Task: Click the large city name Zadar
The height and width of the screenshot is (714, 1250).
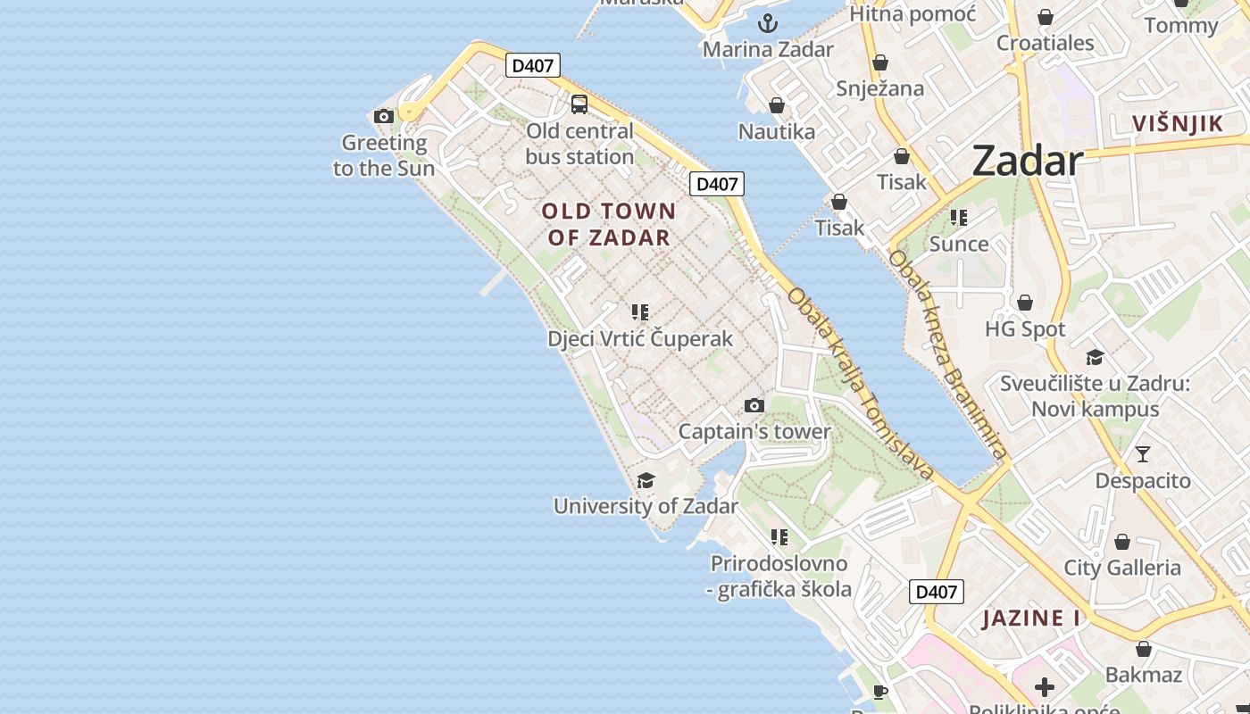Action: (1027, 162)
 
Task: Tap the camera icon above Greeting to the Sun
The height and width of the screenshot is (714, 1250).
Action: (384, 116)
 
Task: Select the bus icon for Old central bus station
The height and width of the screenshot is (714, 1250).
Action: (579, 104)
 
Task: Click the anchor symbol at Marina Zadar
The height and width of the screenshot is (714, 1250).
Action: (768, 23)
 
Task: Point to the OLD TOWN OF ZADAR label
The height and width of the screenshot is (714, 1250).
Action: (609, 224)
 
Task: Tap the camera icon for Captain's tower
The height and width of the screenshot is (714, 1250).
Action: (754, 406)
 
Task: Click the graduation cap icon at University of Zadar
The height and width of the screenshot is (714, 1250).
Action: (646, 481)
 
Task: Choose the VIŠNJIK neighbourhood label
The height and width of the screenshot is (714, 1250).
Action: (1178, 124)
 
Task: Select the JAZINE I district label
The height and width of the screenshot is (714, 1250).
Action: (1031, 619)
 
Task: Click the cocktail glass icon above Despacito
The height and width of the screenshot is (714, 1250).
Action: (1143, 454)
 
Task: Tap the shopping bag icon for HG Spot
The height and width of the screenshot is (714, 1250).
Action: (1025, 303)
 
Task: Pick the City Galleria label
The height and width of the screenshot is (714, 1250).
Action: (1122, 568)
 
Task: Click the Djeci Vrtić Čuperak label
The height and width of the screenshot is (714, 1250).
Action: (640, 339)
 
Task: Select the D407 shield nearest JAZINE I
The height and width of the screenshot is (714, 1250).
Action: (937, 592)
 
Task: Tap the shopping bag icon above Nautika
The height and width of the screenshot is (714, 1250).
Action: (777, 106)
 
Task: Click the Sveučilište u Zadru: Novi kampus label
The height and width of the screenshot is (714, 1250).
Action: (1095, 396)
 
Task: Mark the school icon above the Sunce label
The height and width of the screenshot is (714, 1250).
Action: (959, 218)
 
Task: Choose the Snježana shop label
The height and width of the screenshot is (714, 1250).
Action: (880, 88)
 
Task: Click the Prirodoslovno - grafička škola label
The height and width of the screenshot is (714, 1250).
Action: (780, 577)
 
